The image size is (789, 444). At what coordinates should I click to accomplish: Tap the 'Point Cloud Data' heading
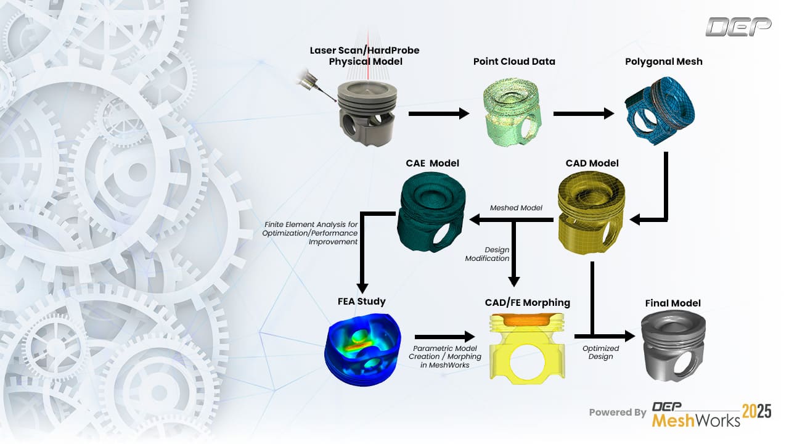[514, 62]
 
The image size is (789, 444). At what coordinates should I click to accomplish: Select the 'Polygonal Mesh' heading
[663, 62]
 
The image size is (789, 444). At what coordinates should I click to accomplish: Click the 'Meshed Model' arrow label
[516, 208]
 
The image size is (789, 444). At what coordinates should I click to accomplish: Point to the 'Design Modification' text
[497, 254]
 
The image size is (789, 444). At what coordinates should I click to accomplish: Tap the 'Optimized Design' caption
[600, 353]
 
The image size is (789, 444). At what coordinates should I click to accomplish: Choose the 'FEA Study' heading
[362, 302]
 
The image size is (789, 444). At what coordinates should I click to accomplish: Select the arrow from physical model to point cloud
[438, 113]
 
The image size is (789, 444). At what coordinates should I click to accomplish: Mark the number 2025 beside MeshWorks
[756, 412]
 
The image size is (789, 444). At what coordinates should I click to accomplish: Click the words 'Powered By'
[617, 412]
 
